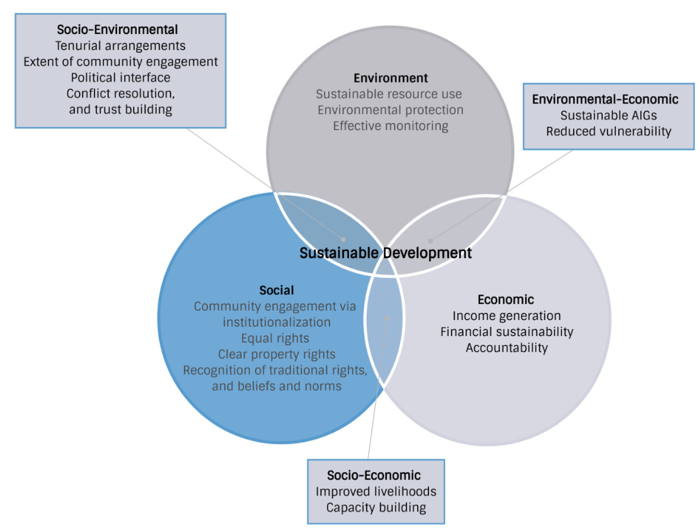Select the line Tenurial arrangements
coord(120,46)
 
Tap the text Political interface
coord(120,77)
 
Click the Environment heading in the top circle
coord(391,78)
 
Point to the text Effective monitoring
coord(391,126)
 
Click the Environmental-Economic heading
coord(605,99)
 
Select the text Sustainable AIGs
coord(608,115)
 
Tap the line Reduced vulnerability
coord(608,131)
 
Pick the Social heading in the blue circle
coord(276,290)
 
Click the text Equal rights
coord(275,338)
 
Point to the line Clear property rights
coord(276,354)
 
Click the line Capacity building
coord(376,507)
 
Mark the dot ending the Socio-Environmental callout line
coord(343,239)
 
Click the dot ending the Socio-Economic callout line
coord(386,318)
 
